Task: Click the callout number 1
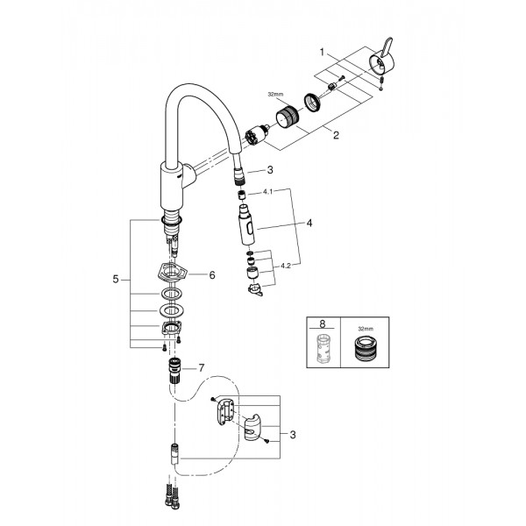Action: point(322,53)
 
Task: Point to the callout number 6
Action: point(211,274)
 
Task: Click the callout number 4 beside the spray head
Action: point(309,224)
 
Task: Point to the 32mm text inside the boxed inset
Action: point(363,331)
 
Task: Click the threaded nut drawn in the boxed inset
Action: point(363,352)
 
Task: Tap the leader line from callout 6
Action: point(197,274)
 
